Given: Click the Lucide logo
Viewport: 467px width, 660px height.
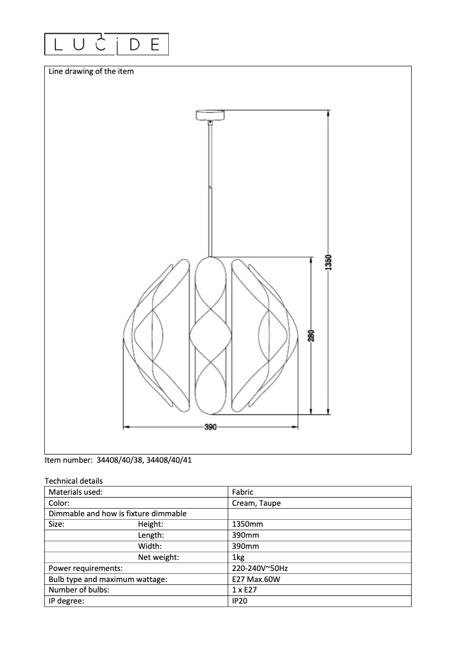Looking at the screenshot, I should pyautogui.click(x=107, y=44).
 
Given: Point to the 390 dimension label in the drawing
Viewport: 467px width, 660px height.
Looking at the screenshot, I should pyautogui.click(x=210, y=427).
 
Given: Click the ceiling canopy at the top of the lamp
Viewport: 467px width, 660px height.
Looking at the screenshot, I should pyautogui.click(x=210, y=115).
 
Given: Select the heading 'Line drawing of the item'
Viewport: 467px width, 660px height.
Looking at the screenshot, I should pyautogui.click(x=91, y=72).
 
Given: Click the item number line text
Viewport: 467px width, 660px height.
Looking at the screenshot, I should pyautogui.click(x=118, y=460).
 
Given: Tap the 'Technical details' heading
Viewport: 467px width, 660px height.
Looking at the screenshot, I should pyautogui.click(x=73, y=481).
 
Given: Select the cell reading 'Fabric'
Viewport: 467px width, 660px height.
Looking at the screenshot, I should pyautogui.click(x=242, y=492).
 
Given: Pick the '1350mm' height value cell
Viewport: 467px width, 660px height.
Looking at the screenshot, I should pyautogui.click(x=247, y=524).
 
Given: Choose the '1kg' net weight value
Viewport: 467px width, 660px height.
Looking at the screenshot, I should pyautogui.click(x=238, y=558).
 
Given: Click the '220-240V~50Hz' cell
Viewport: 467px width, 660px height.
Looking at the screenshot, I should pyautogui.click(x=260, y=568).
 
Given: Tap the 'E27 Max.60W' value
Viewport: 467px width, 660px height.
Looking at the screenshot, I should pyautogui.click(x=257, y=579).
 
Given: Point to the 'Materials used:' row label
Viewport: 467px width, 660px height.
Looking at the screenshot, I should pyautogui.click(x=76, y=492).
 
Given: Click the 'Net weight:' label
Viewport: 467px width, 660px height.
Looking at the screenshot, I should pyautogui.click(x=158, y=558).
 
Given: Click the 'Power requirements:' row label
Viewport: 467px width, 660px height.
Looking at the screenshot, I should pyautogui.click(x=86, y=568).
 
